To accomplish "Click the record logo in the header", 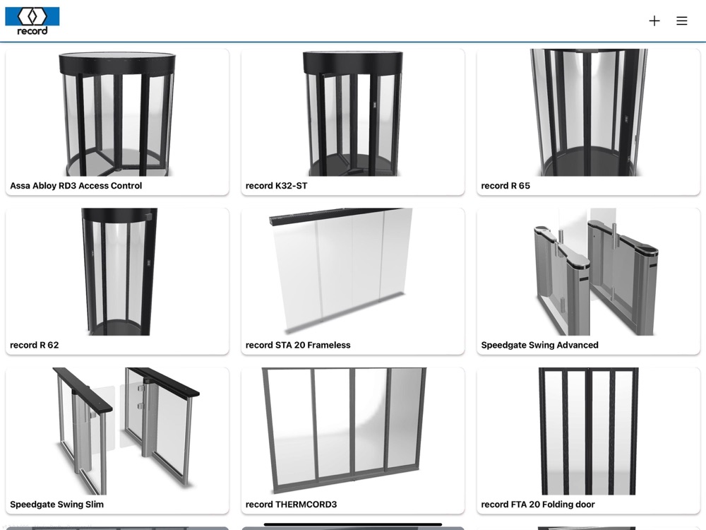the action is (32, 21).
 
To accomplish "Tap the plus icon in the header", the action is (654, 20).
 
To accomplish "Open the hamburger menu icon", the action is (682, 20).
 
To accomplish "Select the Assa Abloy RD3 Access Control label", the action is (76, 186).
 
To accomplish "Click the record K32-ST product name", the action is (277, 186).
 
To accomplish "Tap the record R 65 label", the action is (505, 186).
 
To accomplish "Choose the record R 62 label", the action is (34, 346).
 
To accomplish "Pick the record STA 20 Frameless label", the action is (298, 346).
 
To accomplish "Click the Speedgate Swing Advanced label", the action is (540, 346).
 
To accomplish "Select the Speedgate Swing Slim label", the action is (56, 505).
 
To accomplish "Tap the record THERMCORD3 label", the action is (292, 505).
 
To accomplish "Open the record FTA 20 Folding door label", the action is (538, 505).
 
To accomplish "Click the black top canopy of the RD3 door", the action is (117, 63).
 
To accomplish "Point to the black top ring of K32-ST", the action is (353, 62).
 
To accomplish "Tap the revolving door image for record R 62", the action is (120, 272).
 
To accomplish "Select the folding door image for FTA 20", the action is (589, 431).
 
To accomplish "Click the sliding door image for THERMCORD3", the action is (345, 430).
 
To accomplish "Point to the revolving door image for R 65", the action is (589, 112).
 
